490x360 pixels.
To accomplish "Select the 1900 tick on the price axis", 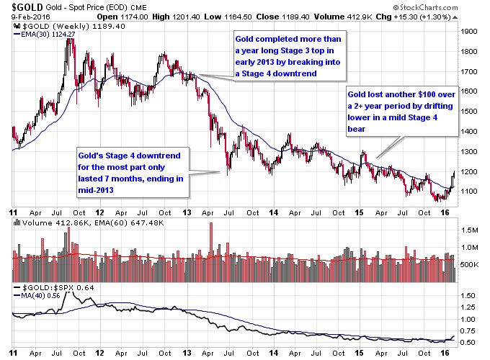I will (x=469, y=32).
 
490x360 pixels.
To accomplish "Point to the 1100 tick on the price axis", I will (x=469, y=192).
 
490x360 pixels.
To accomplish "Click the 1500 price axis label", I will (x=469, y=112).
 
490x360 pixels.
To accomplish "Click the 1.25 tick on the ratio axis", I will (x=469, y=307).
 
